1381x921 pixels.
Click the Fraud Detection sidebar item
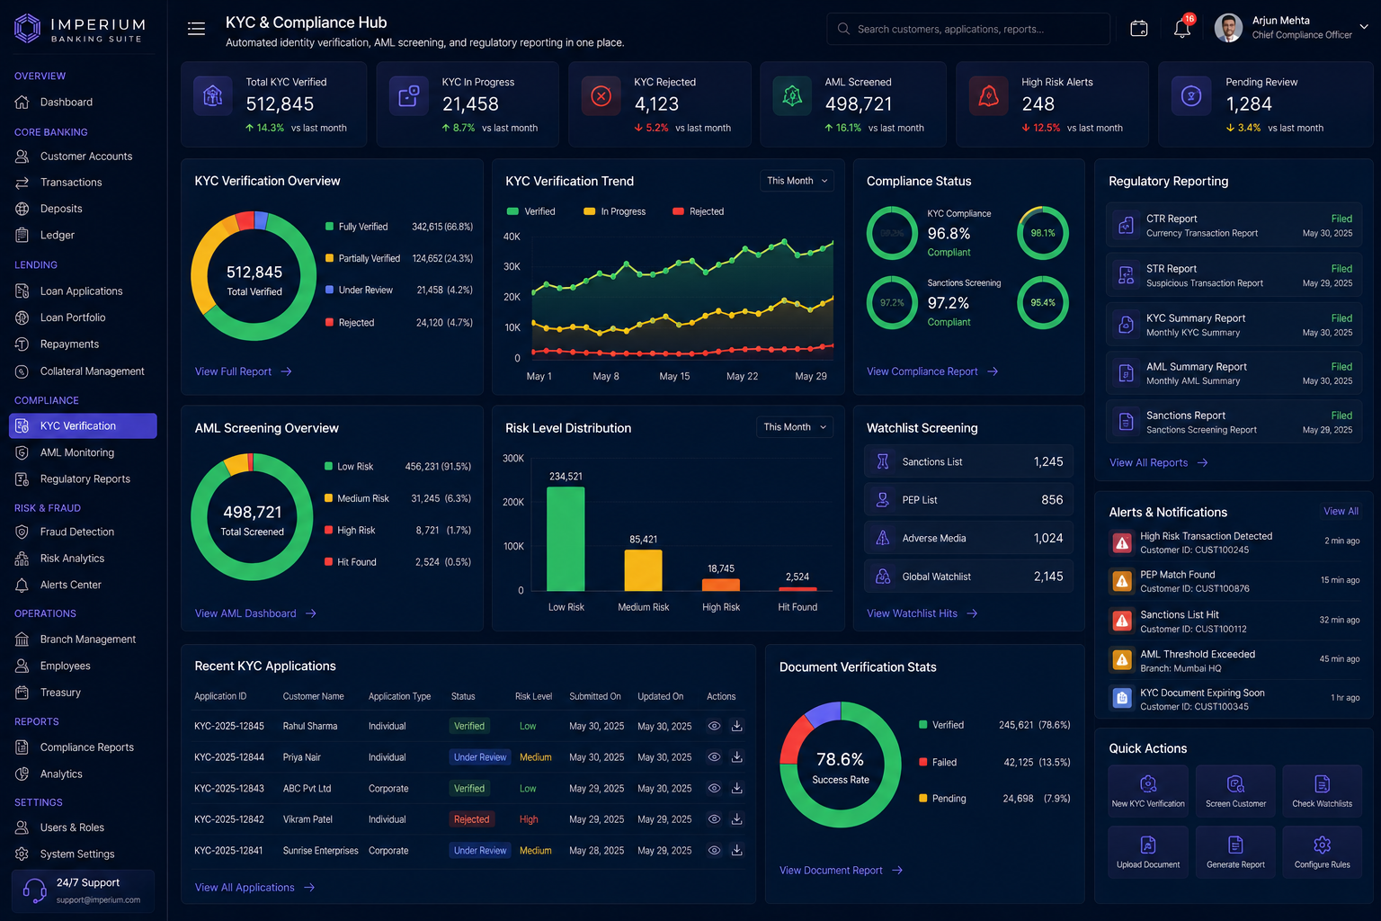[x=77, y=532]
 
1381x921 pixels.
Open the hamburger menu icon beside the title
[x=196, y=29]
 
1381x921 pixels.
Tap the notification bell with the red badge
[x=1182, y=29]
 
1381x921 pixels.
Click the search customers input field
[x=968, y=29]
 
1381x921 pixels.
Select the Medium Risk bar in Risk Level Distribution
[x=643, y=570]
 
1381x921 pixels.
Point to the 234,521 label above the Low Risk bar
[x=566, y=476]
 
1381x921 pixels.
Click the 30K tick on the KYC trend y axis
[x=512, y=266]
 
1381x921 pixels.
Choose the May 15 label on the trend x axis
[x=674, y=376]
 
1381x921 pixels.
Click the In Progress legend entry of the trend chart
[x=615, y=211]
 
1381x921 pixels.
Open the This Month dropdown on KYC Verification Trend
[x=797, y=181]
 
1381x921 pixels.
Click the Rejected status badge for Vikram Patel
[x=471, y=819]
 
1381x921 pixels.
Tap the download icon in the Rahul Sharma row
[x=736, y=726]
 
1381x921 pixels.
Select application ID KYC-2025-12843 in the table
[x=228, y=789]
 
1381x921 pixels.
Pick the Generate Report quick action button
[x=1234, y=852]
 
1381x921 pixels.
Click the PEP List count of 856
[x=1052, y=500]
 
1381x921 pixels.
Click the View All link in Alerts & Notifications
[x=1341, y=511]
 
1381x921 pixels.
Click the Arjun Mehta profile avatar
[x=1228, y=28]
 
